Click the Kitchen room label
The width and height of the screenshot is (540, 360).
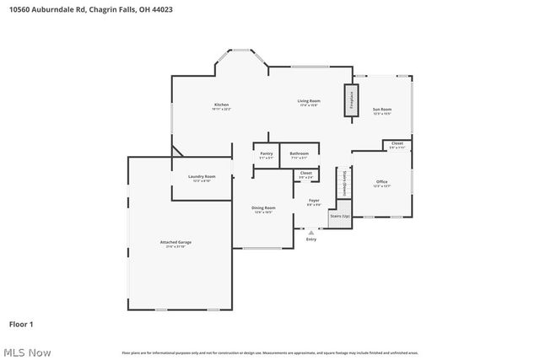221,105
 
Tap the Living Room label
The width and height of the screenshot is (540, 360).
308,101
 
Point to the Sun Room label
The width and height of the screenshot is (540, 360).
382,109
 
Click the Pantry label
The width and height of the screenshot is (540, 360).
266,153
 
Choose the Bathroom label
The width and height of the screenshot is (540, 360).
300,153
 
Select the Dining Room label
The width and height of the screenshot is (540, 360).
264,208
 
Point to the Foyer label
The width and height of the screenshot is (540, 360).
313,201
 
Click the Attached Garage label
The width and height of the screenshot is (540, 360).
175,243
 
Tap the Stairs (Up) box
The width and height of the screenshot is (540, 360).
339,217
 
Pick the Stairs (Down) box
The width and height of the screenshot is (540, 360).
344,182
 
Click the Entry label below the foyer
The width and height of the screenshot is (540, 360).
311,239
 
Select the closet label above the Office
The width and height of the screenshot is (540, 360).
397,144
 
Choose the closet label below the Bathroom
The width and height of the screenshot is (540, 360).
305,174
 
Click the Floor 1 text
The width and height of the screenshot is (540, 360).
21,324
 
